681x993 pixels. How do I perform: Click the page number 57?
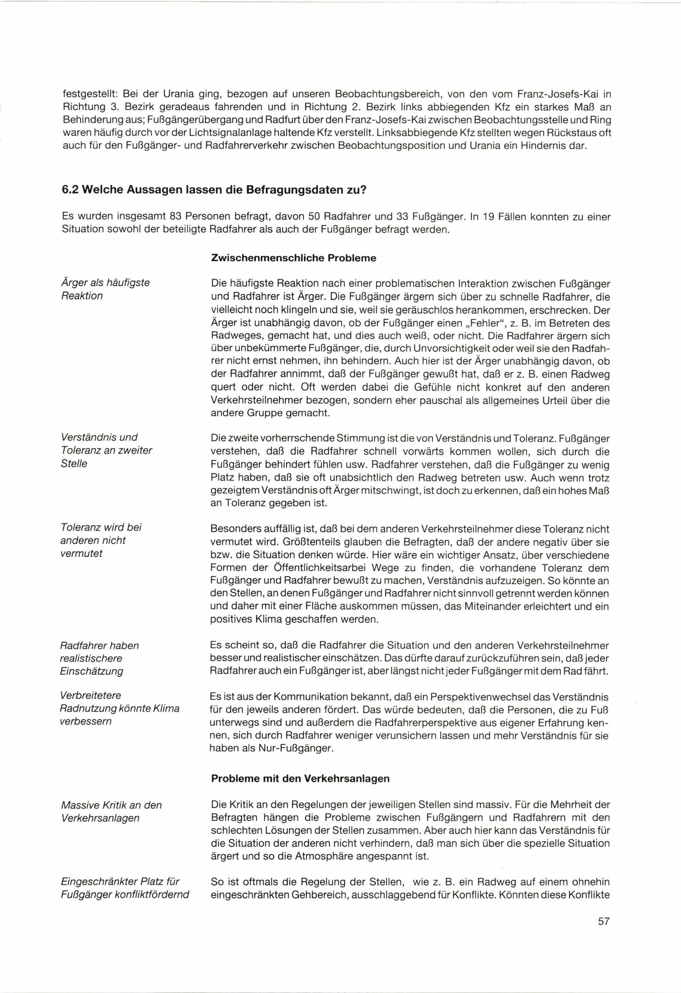603,945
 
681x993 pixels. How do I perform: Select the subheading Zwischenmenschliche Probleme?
294,258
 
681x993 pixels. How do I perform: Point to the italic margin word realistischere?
91,658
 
